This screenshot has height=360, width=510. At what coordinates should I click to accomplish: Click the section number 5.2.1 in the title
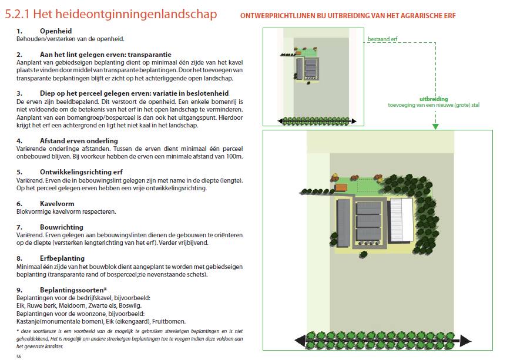(x=17, y=14)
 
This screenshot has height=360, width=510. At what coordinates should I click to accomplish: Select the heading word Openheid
(x=56, y=31)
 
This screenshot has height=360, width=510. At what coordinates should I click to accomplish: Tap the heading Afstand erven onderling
(x=79, y=141)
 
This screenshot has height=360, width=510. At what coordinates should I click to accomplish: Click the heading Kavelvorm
(x=57, y=204)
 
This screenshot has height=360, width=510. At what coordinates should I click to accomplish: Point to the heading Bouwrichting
(x=62, y=227)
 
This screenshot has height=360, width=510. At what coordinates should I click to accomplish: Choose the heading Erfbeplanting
(x=62, y=258)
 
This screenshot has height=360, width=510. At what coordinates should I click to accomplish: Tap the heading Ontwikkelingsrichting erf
(x=81, y=172)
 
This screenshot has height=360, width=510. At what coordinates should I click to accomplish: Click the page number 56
(x=19, y=356)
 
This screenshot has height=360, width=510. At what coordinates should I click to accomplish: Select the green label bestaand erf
(x=382, y=39)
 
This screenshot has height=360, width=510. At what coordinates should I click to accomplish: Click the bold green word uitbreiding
(x=434, y=99)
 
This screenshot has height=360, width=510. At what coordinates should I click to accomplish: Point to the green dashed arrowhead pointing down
(x=435, y=126)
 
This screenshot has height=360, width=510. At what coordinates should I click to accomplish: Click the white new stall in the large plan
(x=402, y=220)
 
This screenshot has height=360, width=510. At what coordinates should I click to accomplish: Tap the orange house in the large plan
(x=341, y=188)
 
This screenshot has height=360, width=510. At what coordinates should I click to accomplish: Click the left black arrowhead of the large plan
(x=300, y=341)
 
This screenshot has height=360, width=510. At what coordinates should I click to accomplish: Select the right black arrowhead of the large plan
(x=466, y=341)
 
